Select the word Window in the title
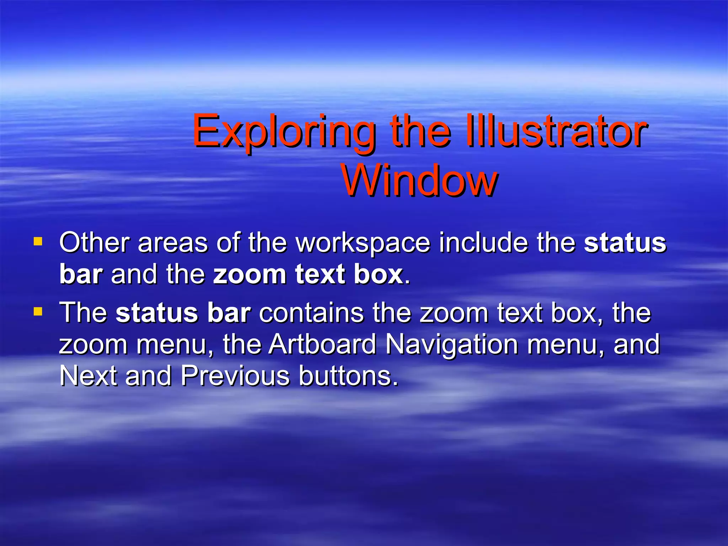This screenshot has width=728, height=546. pos(419,181)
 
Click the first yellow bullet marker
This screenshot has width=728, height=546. pos(38,242)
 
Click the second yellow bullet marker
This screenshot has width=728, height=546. pos(38,312)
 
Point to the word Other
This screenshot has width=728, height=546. pos(94,243)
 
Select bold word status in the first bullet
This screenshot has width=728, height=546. pos(625,243)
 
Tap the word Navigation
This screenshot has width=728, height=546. pos(451,345)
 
